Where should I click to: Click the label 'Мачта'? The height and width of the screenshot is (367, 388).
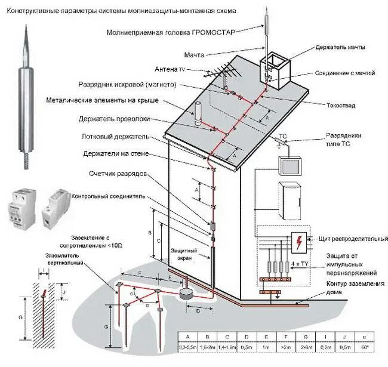click(194, 55)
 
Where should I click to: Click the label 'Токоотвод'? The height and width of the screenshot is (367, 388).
click(341, 105)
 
